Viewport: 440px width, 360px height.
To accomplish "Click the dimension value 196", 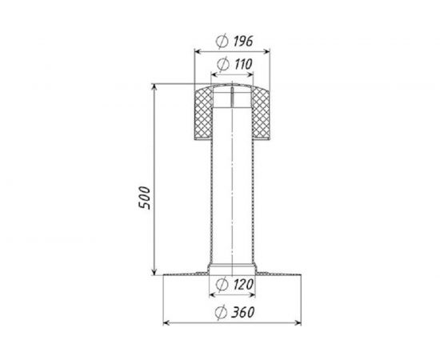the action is point(243,42).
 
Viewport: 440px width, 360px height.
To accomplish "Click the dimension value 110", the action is point(243,65).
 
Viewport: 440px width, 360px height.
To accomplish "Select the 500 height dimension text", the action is point(145,198).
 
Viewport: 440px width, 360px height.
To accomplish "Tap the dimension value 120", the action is point(243,285).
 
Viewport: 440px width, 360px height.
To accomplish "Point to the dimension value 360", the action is point(242,313).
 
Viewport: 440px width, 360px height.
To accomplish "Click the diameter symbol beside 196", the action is point(222,42).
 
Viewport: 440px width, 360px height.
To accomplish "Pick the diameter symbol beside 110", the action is point(223,65).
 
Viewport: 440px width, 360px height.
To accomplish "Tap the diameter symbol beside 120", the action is point(222,285).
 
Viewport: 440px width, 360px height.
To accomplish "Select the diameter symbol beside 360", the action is point(221,313).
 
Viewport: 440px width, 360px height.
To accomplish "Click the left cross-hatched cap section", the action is point(203,114).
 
